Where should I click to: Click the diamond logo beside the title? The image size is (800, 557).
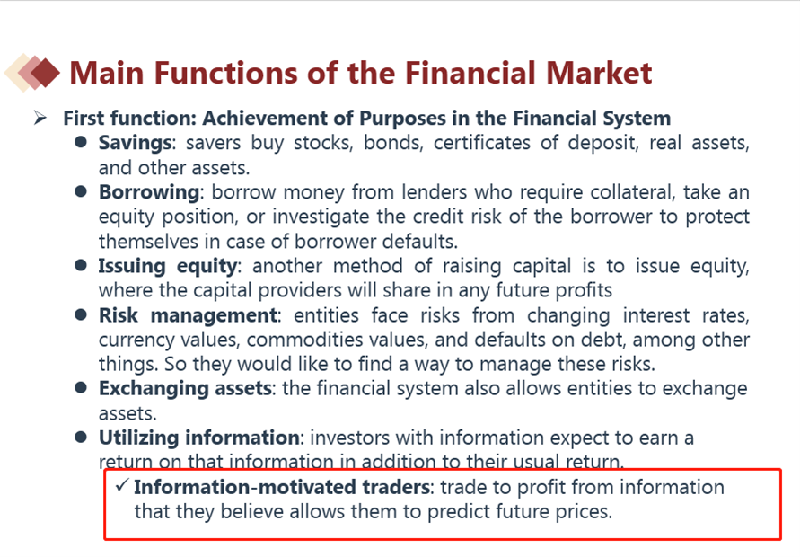(32, 73)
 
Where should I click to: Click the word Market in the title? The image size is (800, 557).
(599, 73)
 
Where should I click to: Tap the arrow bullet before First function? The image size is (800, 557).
(40, 118)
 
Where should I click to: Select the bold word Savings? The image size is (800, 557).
(135, 143)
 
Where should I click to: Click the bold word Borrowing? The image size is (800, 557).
(149, 192)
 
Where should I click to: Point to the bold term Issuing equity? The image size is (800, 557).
(168, 267)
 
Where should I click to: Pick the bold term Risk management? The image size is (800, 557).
(189, 315)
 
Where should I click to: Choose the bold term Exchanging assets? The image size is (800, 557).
(185, 389)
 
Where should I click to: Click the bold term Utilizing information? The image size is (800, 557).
(199, 438)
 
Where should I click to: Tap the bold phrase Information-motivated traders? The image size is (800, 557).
(282, 487)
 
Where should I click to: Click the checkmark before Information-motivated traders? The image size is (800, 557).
(121, 485)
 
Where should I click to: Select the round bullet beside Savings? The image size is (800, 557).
(81, 142)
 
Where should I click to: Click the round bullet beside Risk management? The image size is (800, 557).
(81, 314)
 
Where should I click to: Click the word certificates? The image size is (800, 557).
(481, 143)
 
